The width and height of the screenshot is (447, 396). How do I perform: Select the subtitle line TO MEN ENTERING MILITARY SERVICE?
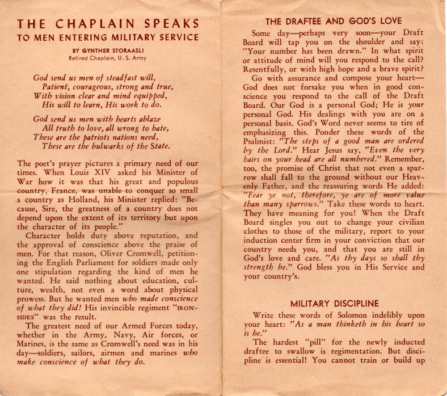pos(108,38)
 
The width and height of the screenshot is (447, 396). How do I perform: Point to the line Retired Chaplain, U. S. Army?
pos(108,58)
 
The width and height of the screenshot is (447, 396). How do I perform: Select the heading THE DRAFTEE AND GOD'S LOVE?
pos(334,22)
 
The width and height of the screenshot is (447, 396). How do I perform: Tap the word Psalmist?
pos(261,141)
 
